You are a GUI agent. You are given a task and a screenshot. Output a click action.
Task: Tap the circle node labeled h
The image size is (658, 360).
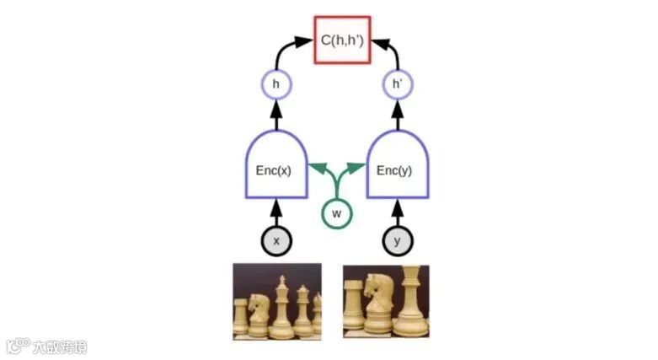(x=276, y=84)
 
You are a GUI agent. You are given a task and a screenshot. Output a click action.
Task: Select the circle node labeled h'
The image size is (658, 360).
(x=398, y=84)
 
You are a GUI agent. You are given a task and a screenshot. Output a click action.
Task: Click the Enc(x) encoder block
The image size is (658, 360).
(x=275, y=165)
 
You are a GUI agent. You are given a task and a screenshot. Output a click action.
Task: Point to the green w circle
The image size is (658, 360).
(x=335, y=213)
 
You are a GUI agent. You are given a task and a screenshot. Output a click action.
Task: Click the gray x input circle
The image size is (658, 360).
(x=276, y=241)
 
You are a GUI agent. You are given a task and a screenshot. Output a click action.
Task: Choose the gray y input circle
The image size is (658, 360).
(x=398, y=241)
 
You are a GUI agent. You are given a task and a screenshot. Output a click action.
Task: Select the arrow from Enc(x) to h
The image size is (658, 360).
(x=276, y=115)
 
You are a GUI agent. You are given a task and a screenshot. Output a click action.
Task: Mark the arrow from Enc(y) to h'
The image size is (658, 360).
(x=398, y=115)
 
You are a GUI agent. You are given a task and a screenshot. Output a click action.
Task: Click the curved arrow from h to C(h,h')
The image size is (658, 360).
(x=283, y=51)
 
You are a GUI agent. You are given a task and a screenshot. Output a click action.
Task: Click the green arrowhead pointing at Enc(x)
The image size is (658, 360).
(x=315, y=166)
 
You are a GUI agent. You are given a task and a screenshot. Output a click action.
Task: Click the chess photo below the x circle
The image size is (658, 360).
(x=277, y=301)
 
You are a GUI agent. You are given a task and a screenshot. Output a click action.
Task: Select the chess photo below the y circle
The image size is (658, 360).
(x=386, y=301)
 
